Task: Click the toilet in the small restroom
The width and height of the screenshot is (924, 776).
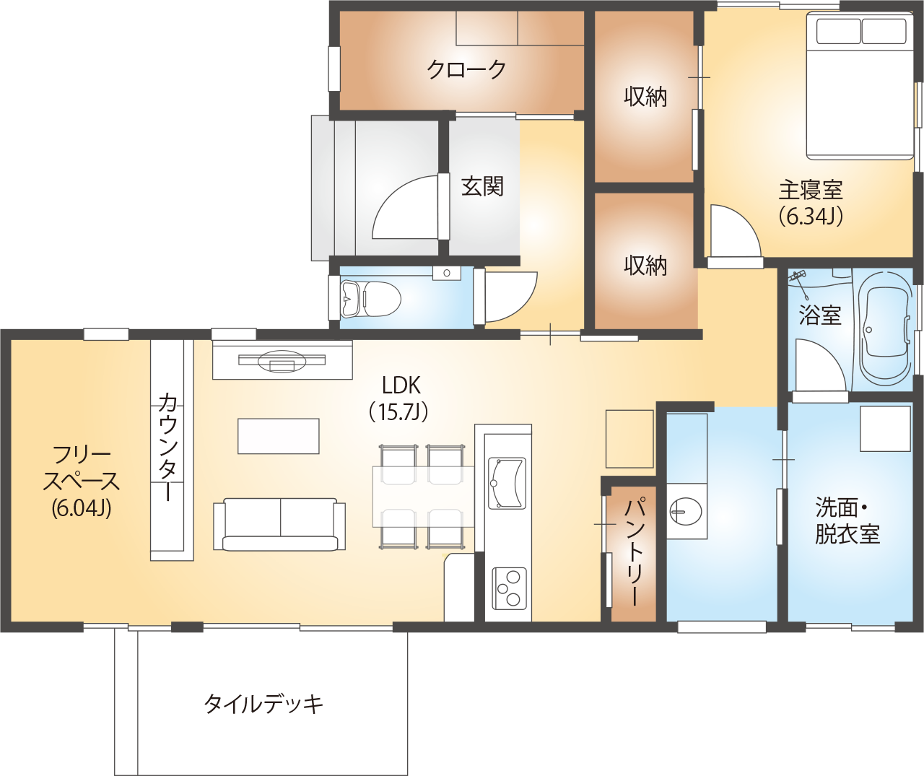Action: click(x=372, y=298)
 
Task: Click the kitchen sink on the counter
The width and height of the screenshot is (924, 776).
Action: click(x=507, y=483)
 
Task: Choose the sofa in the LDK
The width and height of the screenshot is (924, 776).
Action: click(x=279, y=524)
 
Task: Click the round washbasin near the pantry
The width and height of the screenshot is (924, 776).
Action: click(x=685, y=512)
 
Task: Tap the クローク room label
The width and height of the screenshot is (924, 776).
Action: click(x=466, y=70)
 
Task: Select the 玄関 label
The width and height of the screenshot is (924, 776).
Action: click(x=482, y=186)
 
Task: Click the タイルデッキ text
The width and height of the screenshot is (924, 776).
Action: click(x=263, y=703)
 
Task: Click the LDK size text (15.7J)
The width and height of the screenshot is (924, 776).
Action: click(x=399, y=412)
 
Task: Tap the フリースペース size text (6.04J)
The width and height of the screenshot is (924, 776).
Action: click(x=81, y=507)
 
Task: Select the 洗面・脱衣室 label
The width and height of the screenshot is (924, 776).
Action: click(x=847, y=520)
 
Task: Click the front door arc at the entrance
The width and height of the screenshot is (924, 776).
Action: click(x=404, y=209)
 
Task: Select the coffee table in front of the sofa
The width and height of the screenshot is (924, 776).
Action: click(x=279, y=436)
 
